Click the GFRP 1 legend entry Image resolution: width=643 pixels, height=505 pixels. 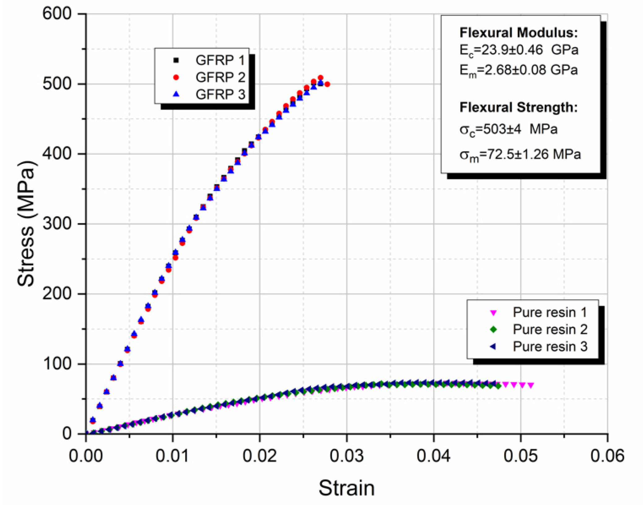pos(220,60)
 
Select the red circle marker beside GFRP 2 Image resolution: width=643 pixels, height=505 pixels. pos(176,77)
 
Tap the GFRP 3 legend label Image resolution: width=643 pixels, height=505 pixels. pos(220,94)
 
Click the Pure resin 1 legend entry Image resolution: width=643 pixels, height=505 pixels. pos(549,312)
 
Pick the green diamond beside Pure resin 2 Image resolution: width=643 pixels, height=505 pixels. pos(494,329)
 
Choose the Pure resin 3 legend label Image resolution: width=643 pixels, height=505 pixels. pos(549,346)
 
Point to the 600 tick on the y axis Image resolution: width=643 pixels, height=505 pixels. pos(57,14)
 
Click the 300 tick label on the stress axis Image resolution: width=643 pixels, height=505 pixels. pos(57,224)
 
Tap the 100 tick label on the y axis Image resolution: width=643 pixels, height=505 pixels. pos(57,364)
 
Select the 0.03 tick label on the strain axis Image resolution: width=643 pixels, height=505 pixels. pos(347,456)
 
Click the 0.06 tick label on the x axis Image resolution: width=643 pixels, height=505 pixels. pos(607,456)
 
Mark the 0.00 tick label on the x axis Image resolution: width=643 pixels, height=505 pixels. pos(86,456)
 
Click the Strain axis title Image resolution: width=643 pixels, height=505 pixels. pos(347,488)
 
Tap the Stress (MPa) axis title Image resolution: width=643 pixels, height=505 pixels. pos(26,224)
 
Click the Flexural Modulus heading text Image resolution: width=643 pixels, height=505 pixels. pos(518,33)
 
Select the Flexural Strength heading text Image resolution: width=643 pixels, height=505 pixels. pos(518,107)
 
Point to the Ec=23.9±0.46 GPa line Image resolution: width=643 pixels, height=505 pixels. pos(518,50)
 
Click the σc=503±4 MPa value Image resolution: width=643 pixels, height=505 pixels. pos(508,129)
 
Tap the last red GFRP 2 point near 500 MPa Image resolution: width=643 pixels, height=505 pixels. pos(327,84)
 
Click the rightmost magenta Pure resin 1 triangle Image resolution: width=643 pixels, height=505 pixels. pos(531,385)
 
